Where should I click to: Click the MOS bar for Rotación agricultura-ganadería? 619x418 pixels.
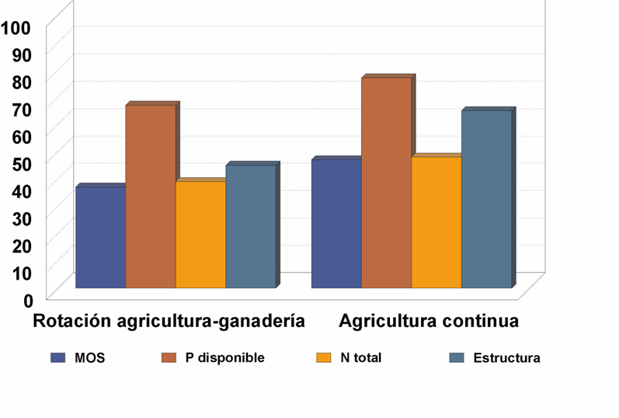pyautogui.click(x=100, y=237)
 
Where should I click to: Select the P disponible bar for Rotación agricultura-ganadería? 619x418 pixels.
pyautogui.click(x=151, y=196)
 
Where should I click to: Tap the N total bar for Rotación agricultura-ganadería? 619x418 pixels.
pyautogui.click(x=200, y=234)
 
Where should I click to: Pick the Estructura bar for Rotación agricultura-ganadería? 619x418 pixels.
pyautogui.click(x=250, y=226)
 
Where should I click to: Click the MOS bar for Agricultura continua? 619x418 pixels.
pyautogui.click(x=336, y=223)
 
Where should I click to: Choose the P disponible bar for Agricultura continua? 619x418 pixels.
pyautogui.click(x=386, y=183)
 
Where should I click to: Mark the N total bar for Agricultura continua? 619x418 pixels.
pyautogui.click(x=436, y=222)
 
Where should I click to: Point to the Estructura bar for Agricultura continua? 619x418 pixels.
pyautogui.click(x=486, y=199)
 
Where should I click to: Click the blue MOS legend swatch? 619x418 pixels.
pyautogui.click(x=58, y=358)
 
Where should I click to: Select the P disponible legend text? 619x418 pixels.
pyautogui.click(x=224, y=358)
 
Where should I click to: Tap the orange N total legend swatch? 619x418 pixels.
pyautogui.click(x=325, y=358)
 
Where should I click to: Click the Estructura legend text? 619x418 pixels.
pyautogui.click(x=506, y=358)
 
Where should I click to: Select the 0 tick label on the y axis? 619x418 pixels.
pyautogui.click(x=28, y=299)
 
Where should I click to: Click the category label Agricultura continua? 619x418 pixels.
pyautogui.click(x=429, y=321)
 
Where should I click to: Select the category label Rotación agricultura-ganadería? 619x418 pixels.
pyautogui.click(x=169, y=321)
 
